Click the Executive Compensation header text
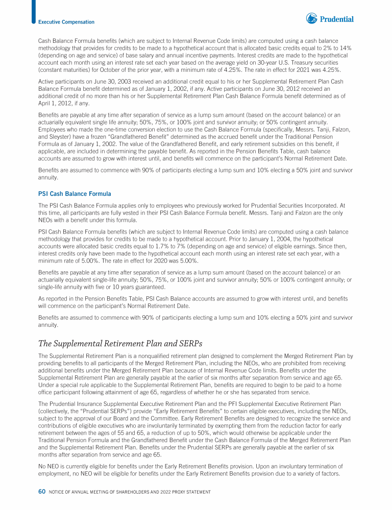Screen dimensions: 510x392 [66, 22]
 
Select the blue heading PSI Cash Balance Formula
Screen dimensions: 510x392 [75, 194]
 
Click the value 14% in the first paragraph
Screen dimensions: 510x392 [347, 47]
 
